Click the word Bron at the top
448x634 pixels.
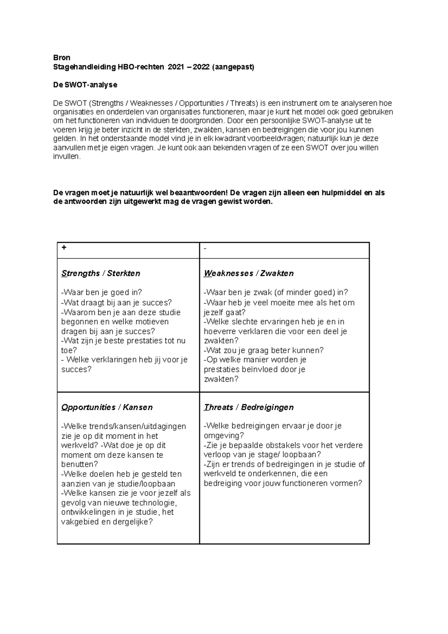[x=62, y=58]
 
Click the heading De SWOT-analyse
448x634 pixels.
[x=85, y=85]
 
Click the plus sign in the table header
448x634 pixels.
[x=64, y=248]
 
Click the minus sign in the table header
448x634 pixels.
[x=205, y=248]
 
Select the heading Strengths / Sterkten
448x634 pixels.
[x=101, y=273]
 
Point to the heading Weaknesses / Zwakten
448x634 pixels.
[x=249, y=273]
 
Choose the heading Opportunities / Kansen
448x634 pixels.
[x=107, y=407]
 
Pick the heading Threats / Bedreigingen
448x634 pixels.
[x=249, y=407]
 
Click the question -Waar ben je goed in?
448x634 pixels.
[x=102, y=292]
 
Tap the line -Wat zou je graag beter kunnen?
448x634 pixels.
[x=264, y=350]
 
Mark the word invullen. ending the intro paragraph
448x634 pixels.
[x=66, y=157]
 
